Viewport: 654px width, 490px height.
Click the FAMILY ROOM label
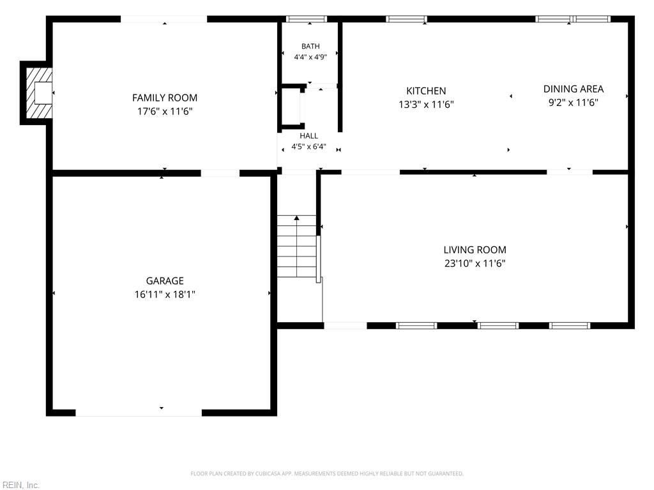(x=165, y=98)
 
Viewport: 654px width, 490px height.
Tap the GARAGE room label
(x=165, y=281)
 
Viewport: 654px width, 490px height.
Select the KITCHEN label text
(x=426, y=91)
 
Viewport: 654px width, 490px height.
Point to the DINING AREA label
(x=574, y=89)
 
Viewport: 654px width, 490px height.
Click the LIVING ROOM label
(x=475, y=250)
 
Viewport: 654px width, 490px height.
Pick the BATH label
(x=311, y=46)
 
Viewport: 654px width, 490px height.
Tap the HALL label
(x=308, y=136)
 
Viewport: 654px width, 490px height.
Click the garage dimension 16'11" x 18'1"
(x=165, y=295)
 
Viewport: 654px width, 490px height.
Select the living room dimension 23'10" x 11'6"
(x=475, y=264)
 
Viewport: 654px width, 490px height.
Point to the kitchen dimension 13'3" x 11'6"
(x=426, y=105)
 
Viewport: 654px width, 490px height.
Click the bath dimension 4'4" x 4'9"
(x=311, y=57)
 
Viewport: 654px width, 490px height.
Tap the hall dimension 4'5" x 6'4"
(x=308, y=147)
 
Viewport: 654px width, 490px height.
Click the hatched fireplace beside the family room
(x=39, y=93)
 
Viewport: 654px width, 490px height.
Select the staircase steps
(x=297, y=246)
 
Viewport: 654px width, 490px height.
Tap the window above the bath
(x=307, y=19)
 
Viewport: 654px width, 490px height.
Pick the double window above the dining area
(x=573, y=19)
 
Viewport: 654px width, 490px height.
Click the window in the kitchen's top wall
(x=407, y=19)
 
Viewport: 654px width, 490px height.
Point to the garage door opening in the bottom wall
(x=139, y=413)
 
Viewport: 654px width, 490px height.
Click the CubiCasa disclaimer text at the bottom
(x=327, y=474)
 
